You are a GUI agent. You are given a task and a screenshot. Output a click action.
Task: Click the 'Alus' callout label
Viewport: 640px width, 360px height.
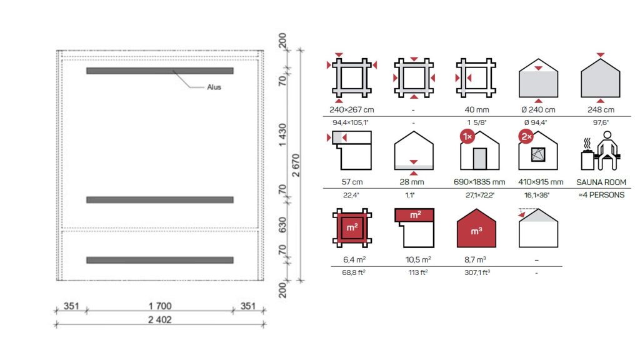pos(214,87)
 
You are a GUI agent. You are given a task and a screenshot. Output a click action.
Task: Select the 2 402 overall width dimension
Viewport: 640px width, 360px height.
pos(159,319)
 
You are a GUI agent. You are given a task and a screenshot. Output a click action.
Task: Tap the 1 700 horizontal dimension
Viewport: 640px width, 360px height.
pos(159,306)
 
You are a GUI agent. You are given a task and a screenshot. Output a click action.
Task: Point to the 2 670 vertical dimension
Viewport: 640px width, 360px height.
pos(296,165)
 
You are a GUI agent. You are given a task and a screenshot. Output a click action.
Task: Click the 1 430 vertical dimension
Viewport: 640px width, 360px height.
pos(282,135)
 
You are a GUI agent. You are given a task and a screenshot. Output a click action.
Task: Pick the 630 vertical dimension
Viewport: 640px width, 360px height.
pos(282,225)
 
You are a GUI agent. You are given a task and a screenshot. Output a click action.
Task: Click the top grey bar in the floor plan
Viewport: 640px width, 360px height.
pos(159,71)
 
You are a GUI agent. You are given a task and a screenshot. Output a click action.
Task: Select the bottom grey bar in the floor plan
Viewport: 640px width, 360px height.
pos(159,260)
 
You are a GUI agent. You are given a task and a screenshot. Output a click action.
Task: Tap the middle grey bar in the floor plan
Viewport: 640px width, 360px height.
pos(159,199)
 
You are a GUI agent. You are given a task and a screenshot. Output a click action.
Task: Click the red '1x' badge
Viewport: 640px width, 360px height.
pos(467,136)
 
